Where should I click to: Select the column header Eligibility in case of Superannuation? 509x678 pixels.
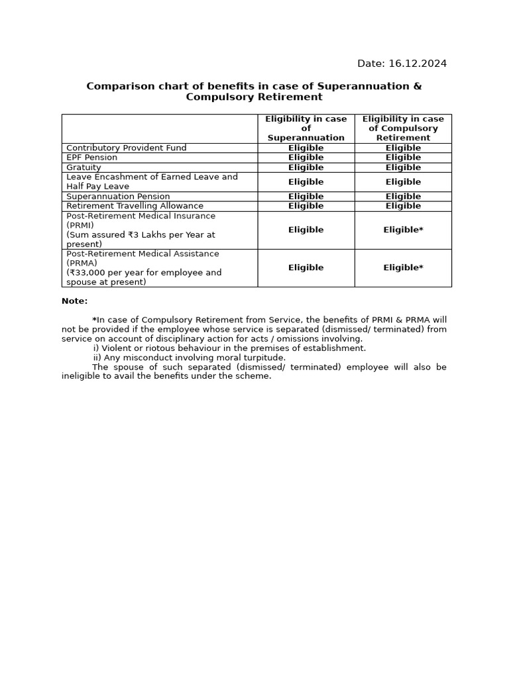[x=306, y=128]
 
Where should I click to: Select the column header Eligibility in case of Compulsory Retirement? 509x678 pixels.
[x=403, y=128]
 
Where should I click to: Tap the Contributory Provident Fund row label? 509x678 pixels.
[x=127, y=148]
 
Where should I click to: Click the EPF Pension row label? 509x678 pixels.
[x=91, y=158]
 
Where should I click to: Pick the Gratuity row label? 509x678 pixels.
[x=84, y=168]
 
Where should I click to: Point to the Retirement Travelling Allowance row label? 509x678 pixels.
[x=135, y=206]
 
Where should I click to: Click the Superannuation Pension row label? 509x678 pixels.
[x=118, y=197]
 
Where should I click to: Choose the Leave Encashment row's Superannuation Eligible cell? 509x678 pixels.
[x=306, y=182]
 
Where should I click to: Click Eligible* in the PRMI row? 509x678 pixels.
[x=403, y=230]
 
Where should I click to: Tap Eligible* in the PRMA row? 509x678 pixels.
[x=403, y=267]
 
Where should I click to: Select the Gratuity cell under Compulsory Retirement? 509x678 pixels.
[x=403, y=168]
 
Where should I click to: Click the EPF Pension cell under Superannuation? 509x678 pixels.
[x=306, y=158]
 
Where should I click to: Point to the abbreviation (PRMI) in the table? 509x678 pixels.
[x=80, y=225]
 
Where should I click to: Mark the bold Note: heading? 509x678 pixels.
[x=74, y=301]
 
